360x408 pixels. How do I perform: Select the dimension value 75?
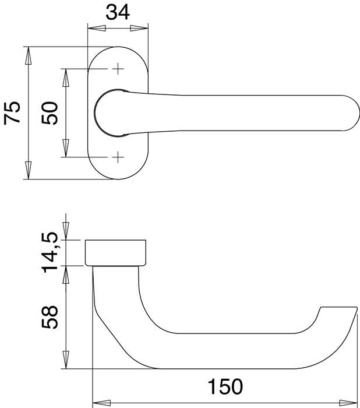pyautogui.click(x=13, y=112)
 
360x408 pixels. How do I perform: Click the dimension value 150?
pyautogui.click(x=224, y=387)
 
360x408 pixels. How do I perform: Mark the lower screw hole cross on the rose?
pyautogui.click(x=118, y=157)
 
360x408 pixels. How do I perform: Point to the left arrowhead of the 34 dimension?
pyautogui.click(x=94, y=28)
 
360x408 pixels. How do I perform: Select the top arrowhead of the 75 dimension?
pyautogui.click(x=27, y=54)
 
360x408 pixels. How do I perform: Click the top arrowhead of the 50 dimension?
pyautogui.click(x=66, y=76)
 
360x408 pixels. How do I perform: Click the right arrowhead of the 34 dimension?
pyautogui.click(x=141, y=28)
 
